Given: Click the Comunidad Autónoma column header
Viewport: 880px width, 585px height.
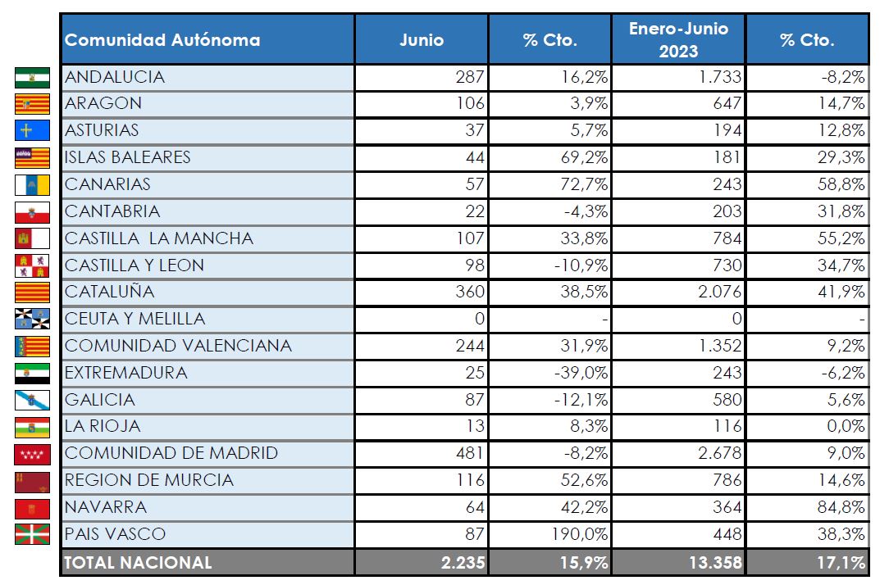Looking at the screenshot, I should point(162,39).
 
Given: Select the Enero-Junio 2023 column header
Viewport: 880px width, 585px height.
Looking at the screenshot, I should point(678,39).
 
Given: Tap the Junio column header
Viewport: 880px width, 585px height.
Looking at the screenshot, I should point(422,39).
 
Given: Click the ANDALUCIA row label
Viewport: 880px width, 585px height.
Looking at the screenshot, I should point(115,77).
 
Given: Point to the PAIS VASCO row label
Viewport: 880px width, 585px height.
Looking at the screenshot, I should point(115,534).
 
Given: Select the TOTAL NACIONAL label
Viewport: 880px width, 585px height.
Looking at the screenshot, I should point(138,562).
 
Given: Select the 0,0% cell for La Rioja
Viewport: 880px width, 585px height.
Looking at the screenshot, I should point(846,426).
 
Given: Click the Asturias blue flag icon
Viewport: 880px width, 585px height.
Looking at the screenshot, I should point(32,130).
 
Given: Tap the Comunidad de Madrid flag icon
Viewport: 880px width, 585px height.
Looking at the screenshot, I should point(32,454).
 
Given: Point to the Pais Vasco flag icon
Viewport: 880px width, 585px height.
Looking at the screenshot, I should point(32,534).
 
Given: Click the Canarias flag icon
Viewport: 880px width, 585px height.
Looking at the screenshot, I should point(32,184).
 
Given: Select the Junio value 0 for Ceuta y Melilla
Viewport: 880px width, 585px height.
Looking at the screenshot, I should point(480,319).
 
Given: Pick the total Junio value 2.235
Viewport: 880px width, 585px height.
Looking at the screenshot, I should point(463,562).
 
